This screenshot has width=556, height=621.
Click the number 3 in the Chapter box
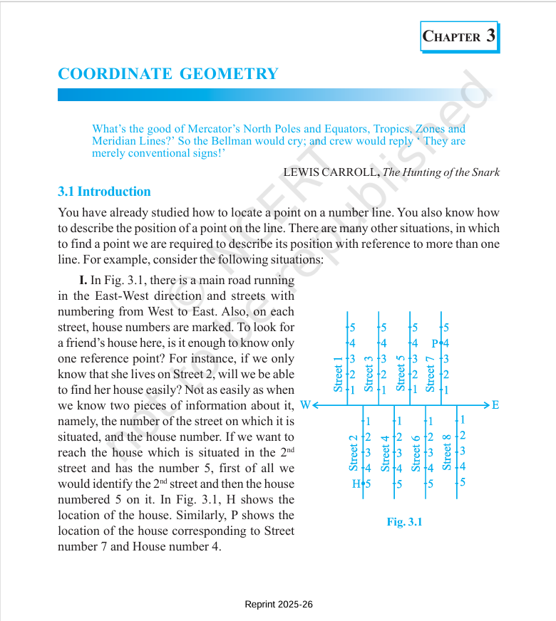pos(490,36)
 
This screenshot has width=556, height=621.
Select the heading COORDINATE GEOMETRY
pos(168,74)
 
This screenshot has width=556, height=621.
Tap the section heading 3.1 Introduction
pos(104,192)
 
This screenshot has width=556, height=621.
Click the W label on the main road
pos(305,405)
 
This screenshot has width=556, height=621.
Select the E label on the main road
pos(495,405)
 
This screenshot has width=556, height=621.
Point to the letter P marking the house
pos(436,344)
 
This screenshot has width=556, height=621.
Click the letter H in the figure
pos(356,484)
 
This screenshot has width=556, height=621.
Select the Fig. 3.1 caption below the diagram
pos(404,522)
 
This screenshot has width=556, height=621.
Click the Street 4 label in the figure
pos(385,453)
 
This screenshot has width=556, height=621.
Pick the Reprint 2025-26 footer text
pos(279,605)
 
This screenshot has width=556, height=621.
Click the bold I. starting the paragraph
pos(83,280)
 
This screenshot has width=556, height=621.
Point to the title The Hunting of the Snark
pos(441,172)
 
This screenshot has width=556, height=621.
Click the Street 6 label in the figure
pos(416,453)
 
